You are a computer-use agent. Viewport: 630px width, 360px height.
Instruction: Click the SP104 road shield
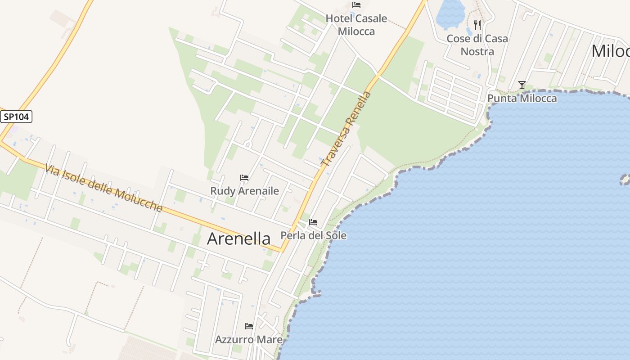coord(16,117)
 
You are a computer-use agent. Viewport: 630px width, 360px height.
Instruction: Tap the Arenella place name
coord(238,238)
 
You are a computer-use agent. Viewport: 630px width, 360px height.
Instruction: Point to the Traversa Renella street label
coord(347,129)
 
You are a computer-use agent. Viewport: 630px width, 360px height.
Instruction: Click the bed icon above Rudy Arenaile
coord(244,178)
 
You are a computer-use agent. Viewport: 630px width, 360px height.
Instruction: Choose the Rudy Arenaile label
coord(244,191)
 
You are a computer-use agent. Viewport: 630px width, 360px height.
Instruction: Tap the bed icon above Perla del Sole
coord(313,222)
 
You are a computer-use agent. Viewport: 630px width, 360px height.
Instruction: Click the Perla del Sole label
coord(313,235)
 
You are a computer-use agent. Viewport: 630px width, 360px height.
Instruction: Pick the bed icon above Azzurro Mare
coord(249,326)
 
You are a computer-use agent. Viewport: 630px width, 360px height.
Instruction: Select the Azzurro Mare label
coord(249,339)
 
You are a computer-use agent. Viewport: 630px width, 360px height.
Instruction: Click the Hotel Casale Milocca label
coord(356,25)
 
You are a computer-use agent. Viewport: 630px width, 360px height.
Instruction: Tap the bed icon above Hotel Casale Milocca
coord(356,5)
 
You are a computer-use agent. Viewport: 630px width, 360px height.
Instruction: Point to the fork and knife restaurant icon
coord(477,25)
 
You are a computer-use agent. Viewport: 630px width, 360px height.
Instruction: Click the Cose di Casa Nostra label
coord(477,45)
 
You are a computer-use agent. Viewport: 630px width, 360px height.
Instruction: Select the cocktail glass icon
coord(522,85)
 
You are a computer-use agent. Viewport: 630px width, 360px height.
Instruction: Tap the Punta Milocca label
coord(522,98)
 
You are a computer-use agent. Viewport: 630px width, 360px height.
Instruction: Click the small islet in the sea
coord(625,180)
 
